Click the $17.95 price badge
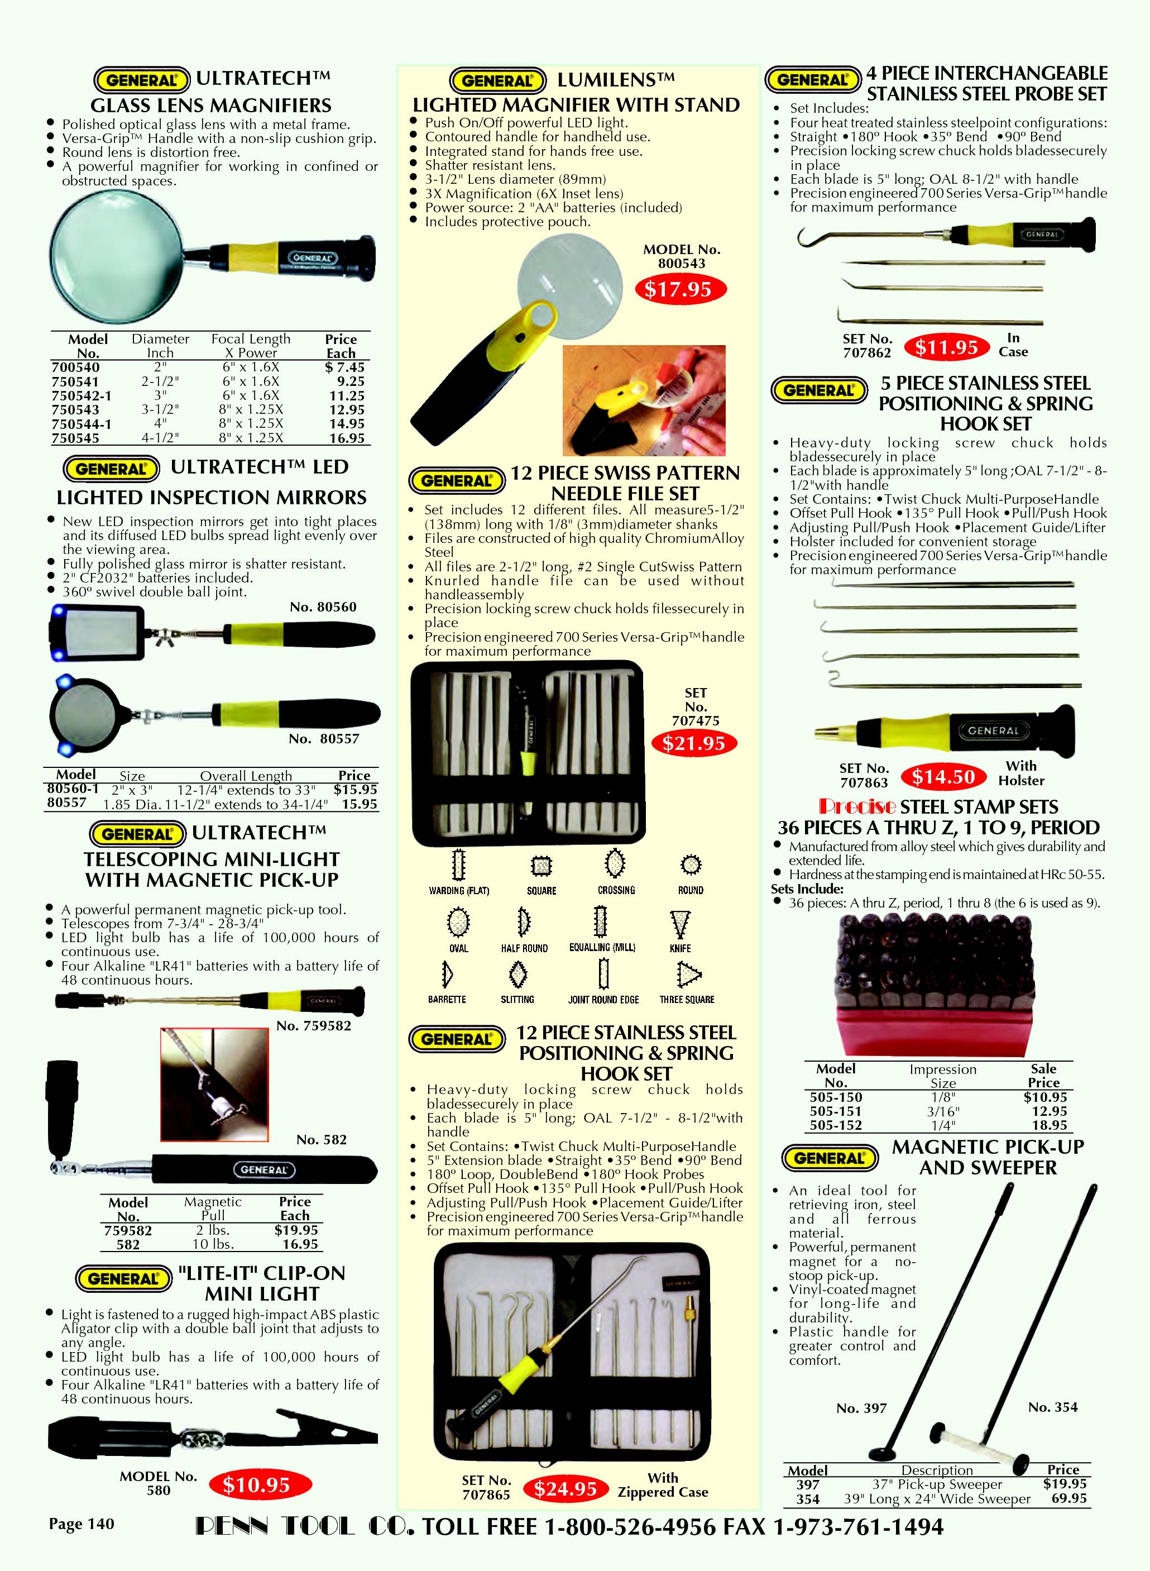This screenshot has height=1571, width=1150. click(x=679, y=289)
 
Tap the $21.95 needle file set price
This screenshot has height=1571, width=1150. click(x=694, y=743)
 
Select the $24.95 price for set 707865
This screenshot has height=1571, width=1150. click(x=566, y=1489)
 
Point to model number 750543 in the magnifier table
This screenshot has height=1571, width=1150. click(x=75, y=409)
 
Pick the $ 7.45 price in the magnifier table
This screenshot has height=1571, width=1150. click(x=344, y=367)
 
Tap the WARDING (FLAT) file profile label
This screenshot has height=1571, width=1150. click(x=459, y=891)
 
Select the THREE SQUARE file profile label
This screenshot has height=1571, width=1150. click(x=687, y=999)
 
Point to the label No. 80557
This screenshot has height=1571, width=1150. click(x=324, y=738)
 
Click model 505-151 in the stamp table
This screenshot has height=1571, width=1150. click(x=835, y=1111)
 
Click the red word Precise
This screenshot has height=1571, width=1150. click(x=857, y=806)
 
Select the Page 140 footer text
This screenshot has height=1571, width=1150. click(x=82, y=1524)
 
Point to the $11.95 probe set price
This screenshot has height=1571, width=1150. click(x=947, y=347)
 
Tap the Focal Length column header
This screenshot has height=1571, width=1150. click(x=251, y=339)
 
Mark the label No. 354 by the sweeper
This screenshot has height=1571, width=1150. click(x=1052, y=1407)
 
